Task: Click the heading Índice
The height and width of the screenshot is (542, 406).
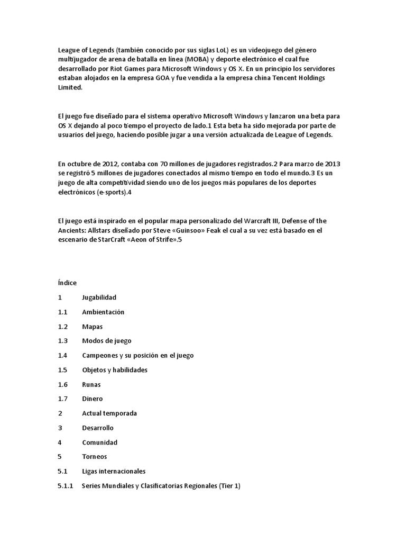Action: [67, 283]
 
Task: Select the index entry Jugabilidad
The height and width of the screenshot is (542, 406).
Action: [99, 297]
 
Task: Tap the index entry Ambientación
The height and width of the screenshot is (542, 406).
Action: [103, 312]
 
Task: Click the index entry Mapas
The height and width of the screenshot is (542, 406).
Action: [92, 327]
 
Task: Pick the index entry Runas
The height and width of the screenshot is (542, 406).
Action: [91, 384]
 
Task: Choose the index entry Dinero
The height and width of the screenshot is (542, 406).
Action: [92, 399]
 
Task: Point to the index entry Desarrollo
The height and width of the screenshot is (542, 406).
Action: [97, 428]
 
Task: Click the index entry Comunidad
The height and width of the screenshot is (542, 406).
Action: [99, 442]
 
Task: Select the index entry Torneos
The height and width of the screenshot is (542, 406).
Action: [94, 456]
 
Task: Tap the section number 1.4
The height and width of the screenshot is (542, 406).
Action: [63, 355]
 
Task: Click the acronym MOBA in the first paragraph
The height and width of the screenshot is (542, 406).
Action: [196, 59]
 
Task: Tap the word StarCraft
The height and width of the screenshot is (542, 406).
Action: [114, 240]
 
